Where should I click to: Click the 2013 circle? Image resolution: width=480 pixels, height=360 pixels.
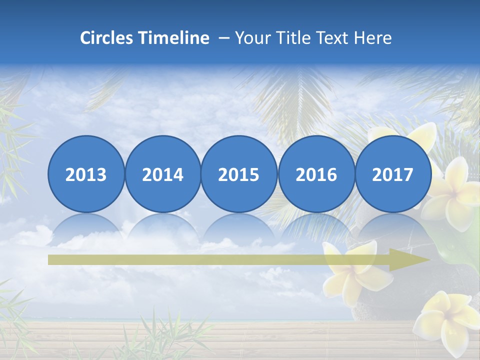86,174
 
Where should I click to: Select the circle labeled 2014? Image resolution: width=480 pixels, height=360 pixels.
163,174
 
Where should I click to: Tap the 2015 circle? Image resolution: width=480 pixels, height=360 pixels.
239,174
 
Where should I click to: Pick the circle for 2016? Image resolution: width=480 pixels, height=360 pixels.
316,174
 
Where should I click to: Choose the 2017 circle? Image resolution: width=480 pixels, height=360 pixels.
393,174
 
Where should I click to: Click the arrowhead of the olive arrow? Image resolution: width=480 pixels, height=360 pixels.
410,260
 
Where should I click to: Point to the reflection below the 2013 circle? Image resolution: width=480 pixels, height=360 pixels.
86,227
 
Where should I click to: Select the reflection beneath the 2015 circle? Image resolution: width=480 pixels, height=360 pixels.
239,227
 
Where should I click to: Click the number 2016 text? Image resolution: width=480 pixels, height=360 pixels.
316,174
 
